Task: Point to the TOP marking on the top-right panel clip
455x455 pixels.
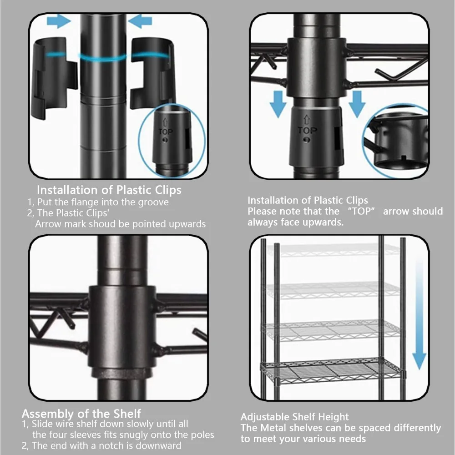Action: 308,131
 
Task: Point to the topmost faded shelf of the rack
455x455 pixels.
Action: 332,249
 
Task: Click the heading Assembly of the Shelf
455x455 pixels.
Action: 81,414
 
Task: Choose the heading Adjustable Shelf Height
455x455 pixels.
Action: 294,417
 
